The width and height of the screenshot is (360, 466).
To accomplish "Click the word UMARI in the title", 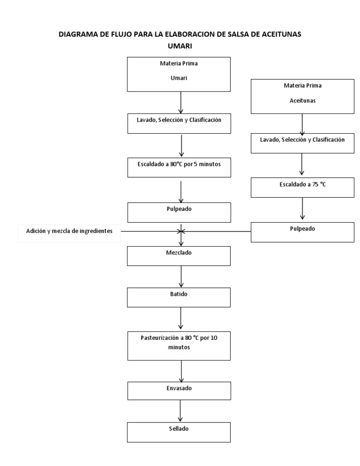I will click(x=181, y=46).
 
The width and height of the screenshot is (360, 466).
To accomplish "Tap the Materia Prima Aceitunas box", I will click(x=302, y=96).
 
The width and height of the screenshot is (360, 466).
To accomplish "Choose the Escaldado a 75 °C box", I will click(x=302, y=188).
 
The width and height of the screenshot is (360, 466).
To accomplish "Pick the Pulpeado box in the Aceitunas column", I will click(x=302, y=232).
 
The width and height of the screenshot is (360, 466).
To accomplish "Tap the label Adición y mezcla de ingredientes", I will click(x=69, y=231).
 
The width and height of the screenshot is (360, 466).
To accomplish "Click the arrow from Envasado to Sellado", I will click(x=180, y=411).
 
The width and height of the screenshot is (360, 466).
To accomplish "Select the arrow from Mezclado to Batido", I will click(x=180, y=277).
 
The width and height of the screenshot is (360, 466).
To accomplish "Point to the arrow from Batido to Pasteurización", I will click(x=180, y=319).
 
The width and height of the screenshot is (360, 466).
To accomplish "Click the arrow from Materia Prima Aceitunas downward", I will click(x=302, y=124).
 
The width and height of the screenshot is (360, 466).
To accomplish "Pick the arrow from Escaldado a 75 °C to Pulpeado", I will click(x=302, y=208).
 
